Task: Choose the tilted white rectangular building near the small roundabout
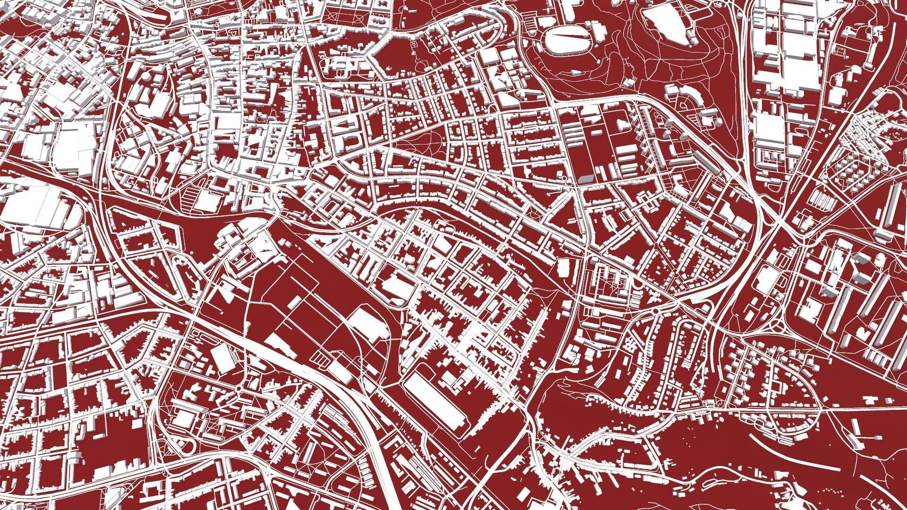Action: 222,358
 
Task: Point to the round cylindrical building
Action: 149,76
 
